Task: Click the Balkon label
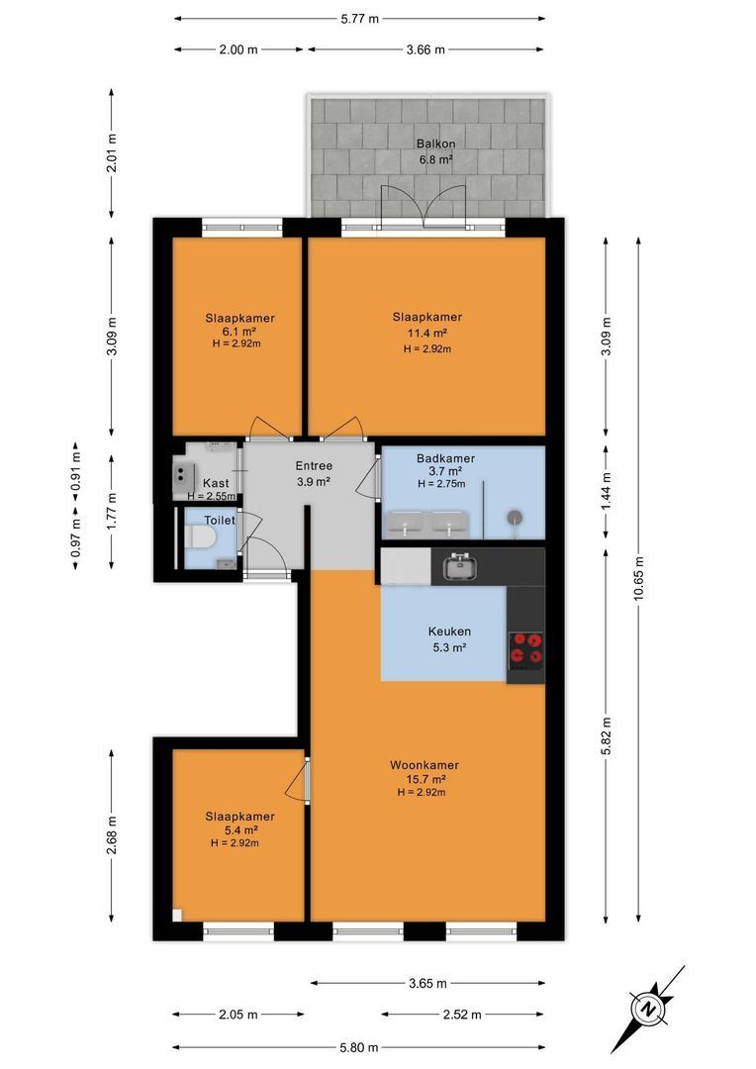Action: pyautogui.click(x=435, y=144)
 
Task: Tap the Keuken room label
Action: pyautogui.click(x=449, y=632)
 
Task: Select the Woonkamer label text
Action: pyautogui.click(x=425, y=765)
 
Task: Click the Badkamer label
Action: pyautogui.click(x=446, y=459)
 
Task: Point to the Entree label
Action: pyautogui.click(x=314, y=466)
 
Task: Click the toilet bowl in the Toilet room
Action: pyautogui.click(x=201, y=537)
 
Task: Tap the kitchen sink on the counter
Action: pyautogui.click(x=461, y=566)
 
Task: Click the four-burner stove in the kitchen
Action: pyautogui.click(x=527, y=648)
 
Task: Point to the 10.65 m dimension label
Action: pyautogui.click(x=639, y=578)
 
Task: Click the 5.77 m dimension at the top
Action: pyautogui.click(x=360, y=19)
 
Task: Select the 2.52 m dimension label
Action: pyautogui.click(x=462, y=1015)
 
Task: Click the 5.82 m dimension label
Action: pyautogui.click(x=606, y=734)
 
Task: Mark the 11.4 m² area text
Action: pyautogui.click(x=426, y=334)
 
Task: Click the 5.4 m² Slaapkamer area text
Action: pyautogui.click(x=240, y=830)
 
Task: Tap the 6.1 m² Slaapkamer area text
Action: pyautogui.click(x=239, y=332)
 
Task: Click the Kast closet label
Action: pyautogui.click(x=216, y=483)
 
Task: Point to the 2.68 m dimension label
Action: pyautogui.click(x=112, y=835)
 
